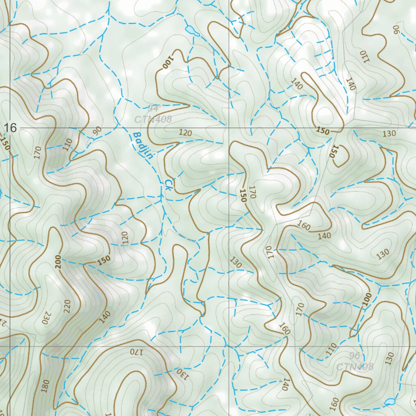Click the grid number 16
(11, 128)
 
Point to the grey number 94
(153, 108)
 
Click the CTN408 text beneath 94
(154, 119)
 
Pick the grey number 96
(354, 356)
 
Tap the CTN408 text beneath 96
(355, 367)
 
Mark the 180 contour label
(45, 385)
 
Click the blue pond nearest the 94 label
(191, 31)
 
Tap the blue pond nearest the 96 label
(390, 402)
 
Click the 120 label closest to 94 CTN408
(185, 133)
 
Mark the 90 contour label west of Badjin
(97, 131)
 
